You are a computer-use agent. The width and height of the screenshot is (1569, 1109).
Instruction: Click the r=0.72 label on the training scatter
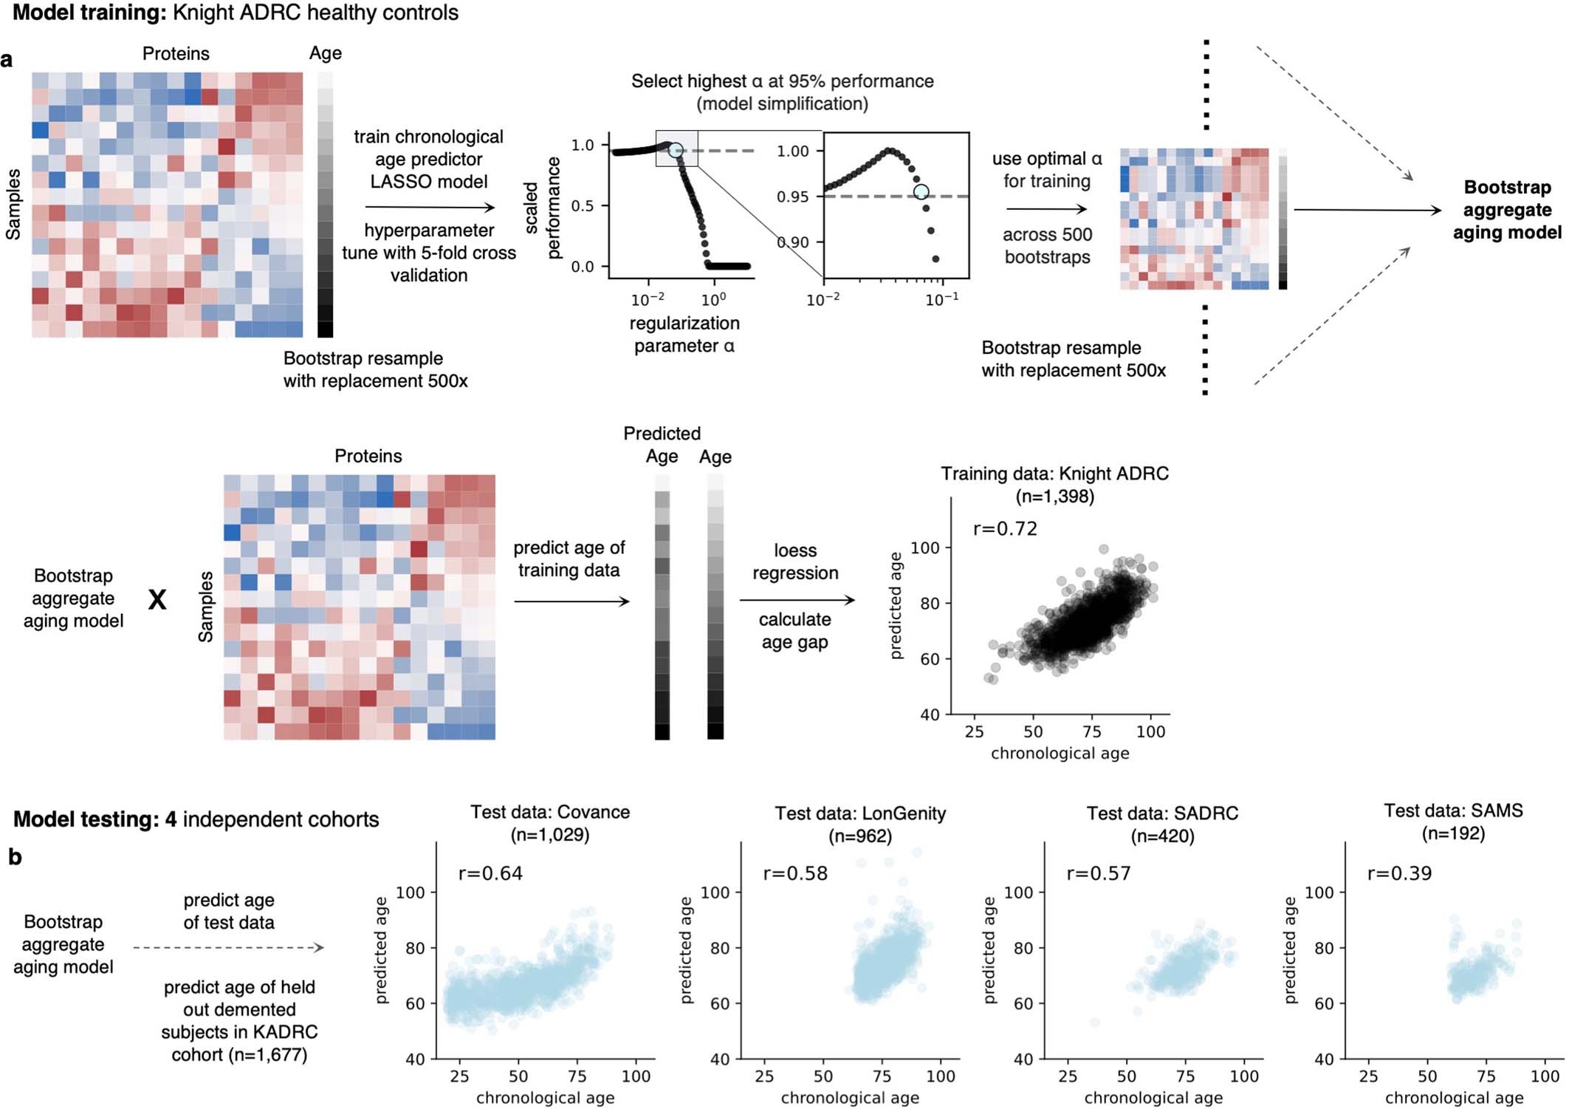[x=1005, y=529]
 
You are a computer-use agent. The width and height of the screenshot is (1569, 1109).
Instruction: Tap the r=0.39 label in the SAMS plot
[x=1399, y=873]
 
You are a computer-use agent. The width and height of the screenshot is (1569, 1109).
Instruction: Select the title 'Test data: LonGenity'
[x=860, y=813]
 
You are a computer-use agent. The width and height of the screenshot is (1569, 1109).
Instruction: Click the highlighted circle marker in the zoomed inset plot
[x=921, y=192]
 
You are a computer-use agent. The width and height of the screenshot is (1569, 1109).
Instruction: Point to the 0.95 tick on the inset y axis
[x=792, y=197]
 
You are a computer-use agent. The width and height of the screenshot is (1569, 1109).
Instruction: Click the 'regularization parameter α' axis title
[x=684, y=335]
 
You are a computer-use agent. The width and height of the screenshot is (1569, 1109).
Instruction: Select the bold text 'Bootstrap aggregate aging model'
[x=1506, y=210]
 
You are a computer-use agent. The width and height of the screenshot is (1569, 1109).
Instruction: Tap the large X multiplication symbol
[x=157, y=600]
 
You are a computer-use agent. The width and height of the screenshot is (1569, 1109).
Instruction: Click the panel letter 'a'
[x=7, y=60]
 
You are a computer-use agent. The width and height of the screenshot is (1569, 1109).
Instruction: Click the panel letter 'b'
[x=15, y=857]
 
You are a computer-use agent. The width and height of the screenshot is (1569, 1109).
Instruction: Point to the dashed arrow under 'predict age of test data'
[x=228, y=947]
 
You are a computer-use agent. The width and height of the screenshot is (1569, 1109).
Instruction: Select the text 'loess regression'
[x=795, y=562]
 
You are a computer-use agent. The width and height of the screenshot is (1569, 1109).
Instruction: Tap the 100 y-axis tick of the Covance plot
[x=411, y=893]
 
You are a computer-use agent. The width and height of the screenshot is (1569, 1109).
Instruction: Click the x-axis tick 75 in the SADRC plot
[x=1185, y=1076]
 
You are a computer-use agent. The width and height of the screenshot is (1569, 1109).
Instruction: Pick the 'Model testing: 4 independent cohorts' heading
[x=196, y=819]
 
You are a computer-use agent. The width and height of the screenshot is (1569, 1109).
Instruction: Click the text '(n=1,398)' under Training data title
[x=1054, y=497]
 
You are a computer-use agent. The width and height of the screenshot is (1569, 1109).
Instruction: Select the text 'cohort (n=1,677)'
[x=239, y=1054]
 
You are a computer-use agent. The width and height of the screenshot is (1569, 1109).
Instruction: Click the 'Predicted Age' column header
[x=662, y=445]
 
